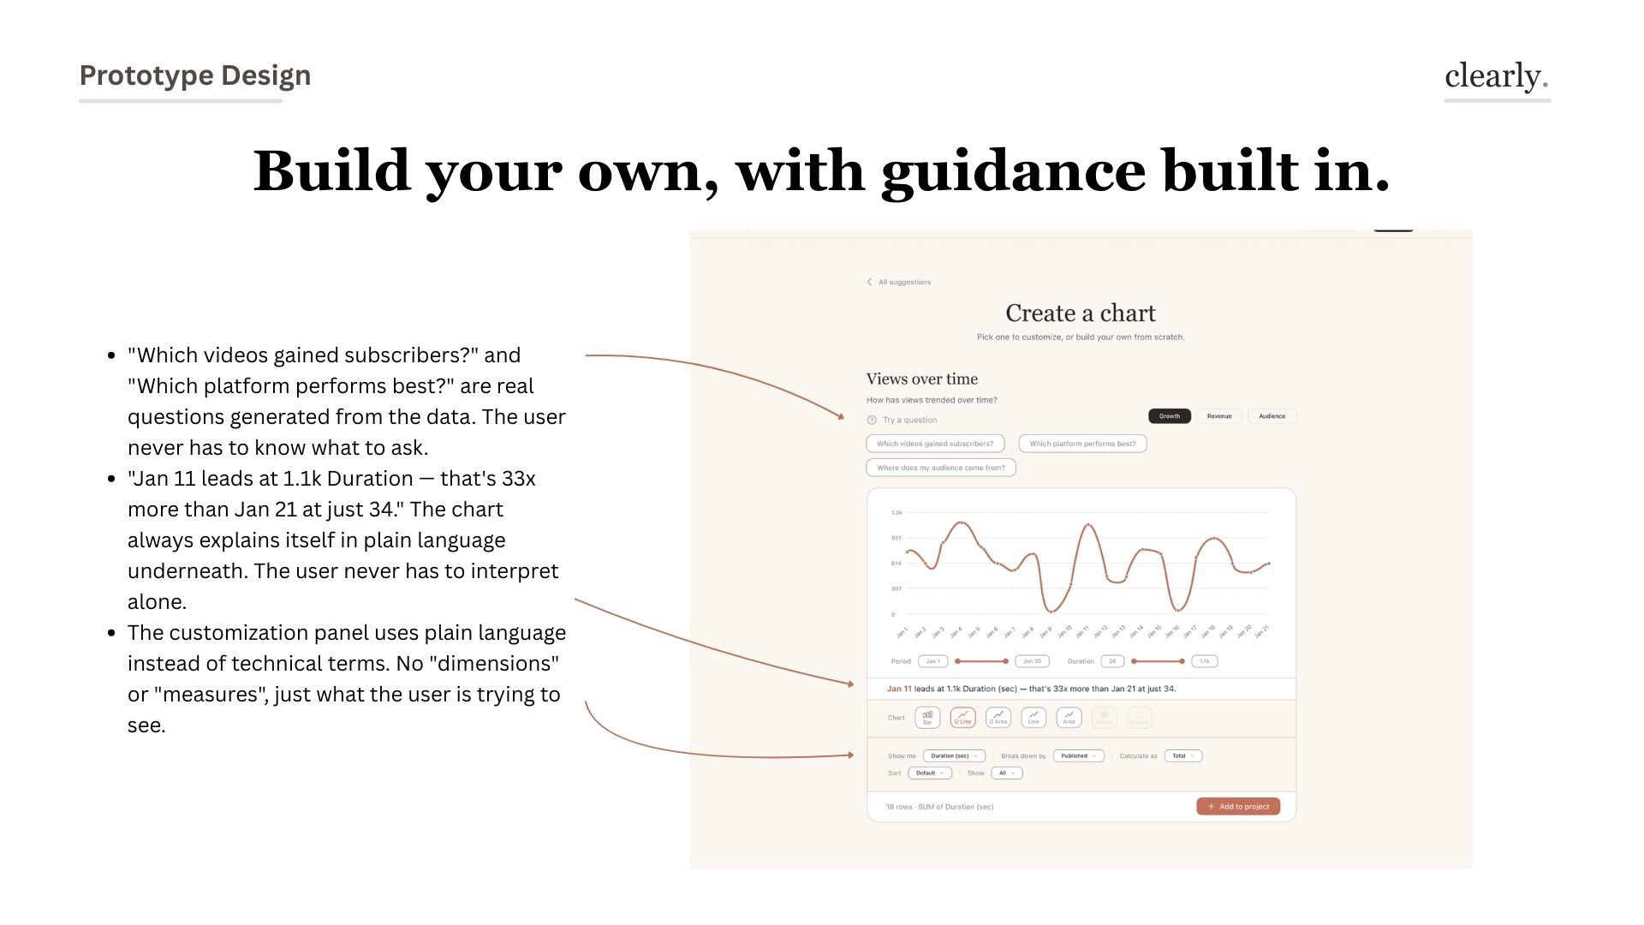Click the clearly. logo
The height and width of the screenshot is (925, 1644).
coord(1496,76)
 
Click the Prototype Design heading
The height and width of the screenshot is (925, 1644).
coord(195,75)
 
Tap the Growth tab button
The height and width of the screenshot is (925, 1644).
coord(1169,416)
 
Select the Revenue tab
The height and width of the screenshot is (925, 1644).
coord(1218,416)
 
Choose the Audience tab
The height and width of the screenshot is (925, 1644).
coord(1272,416)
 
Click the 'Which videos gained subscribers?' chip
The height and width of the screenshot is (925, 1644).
coord(935,444)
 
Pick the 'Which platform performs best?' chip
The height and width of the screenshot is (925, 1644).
coord(1082,444)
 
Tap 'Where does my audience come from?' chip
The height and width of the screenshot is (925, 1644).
coord(941,468)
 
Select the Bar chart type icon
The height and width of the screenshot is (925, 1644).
coord(927,718)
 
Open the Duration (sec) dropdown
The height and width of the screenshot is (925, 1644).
coord(954,756)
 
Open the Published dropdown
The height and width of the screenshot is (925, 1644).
coord(1078,756)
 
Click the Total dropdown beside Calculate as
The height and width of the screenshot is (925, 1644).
coord(1182,756)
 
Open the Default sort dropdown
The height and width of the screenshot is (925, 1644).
coord(929,773)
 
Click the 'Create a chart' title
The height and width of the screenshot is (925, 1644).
coord(1081,313)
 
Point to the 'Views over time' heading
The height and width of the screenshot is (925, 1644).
coord(921,379)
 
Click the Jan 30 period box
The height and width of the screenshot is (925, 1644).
coord(1032,661)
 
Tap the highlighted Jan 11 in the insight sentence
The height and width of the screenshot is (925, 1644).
coord(899,689)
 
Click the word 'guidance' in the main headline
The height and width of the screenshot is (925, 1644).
coord(1013,171)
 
